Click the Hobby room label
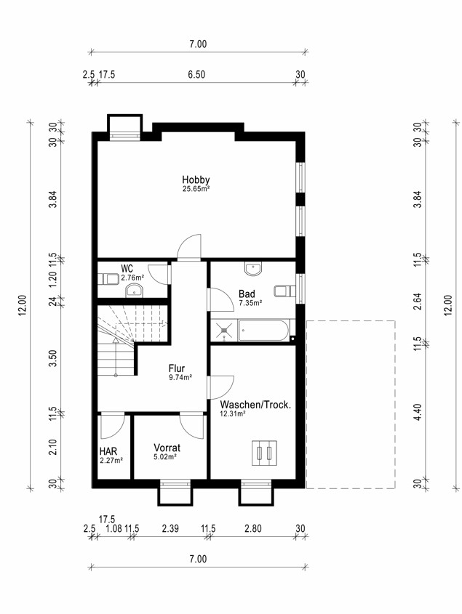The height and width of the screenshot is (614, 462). (x=196, y=179)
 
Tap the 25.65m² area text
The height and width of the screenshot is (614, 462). (x=196, y=188)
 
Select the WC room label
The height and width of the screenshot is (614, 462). (x=127, y=269)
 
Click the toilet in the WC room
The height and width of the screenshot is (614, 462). (x=108, y=279)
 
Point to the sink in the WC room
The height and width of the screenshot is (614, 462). (x=135, y=291)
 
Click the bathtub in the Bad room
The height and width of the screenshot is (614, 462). (x=264, y=331)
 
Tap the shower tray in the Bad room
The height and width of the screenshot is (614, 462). (x=224, y=331)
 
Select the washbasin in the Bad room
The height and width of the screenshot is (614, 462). (x=253, y=268)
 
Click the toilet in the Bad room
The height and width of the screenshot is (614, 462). (x=284, y=291)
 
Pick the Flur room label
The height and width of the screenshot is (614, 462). (x=177, y=368)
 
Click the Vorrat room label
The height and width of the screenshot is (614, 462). (x=167, y=448)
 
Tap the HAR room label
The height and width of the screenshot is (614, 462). (x=108, y=451)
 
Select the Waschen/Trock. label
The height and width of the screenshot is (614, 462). (x=255, y=405)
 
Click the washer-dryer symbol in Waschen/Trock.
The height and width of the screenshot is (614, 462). (x=264, y=453)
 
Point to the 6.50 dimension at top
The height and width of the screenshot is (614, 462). (x=196, y=74)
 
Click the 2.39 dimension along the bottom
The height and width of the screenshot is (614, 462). (x=170, y=528)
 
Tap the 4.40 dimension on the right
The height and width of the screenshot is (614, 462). (x=418, y=412)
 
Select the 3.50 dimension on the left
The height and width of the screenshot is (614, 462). (x=54, y=358)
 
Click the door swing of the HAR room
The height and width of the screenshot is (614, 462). (x=113, y=426)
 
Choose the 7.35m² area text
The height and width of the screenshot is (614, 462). (x=250, y=303)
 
